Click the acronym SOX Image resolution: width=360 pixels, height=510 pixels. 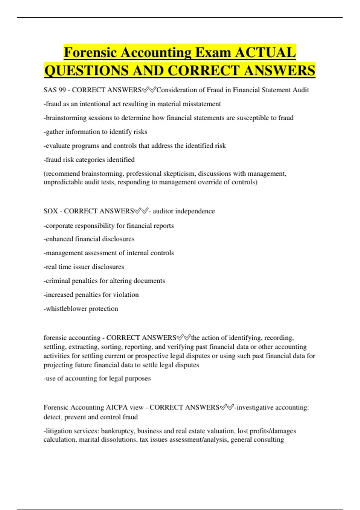(51, 211)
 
